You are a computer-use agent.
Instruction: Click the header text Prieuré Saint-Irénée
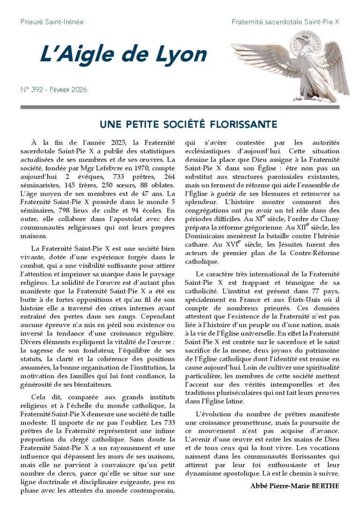pos(52,22)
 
